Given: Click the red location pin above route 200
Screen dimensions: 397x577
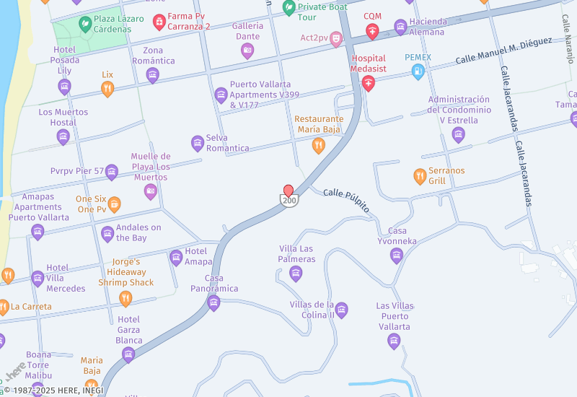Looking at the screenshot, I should pyautogui.click(x=288, y=190).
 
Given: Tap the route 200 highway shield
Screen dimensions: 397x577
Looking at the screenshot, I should pyautogui.click(x=288, y=201).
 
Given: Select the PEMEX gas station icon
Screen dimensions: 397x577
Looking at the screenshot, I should pyautogui.click(x=417, y=71).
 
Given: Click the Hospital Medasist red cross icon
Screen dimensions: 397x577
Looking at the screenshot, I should pyautogui.click(x=369, y=84).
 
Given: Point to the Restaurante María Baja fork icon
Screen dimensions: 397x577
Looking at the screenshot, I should pyautogui.click(x=318, y=146).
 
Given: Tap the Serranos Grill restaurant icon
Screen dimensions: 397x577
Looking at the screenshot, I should pyautogui.click(x=420, y=176).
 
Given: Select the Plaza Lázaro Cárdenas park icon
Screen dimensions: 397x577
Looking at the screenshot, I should pyautogui.click(x=85, y=24).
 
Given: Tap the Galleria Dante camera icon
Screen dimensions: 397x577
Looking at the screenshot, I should pyautogui.click(x=247, y=51).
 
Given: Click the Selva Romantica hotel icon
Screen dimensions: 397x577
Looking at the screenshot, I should pyautogui.click(x=198, y=143).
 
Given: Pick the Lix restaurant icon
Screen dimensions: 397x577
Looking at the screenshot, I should pyautogui.click(x=107, y=89).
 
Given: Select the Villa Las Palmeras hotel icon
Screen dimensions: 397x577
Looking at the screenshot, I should pyautogui.click(x=295, y=273).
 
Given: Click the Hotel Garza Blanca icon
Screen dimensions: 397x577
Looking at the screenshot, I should pyautogui.click(x=128, y=354).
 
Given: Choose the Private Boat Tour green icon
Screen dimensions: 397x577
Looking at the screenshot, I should pyautogui.click(x=289, y=9).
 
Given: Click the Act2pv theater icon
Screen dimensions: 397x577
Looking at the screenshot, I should pyautogui.click(x=335, y=40).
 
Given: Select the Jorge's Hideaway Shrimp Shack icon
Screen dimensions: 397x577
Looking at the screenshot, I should pyautogui.click(x=125, y=298).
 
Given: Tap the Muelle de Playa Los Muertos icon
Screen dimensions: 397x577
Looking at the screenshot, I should pyautogui.click(x=151, y=191).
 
